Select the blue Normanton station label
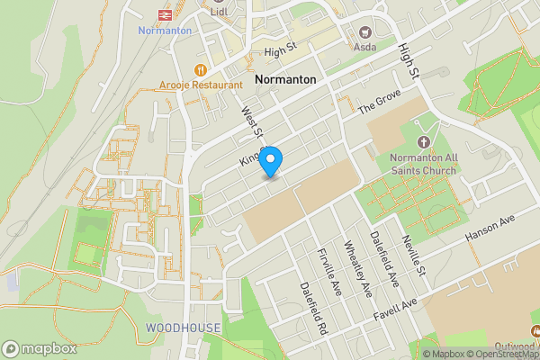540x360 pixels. click(166, 31)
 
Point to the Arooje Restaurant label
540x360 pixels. click(202, 85)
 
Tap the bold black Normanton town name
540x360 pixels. click(285, 80)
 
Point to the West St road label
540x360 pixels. click(249, 123)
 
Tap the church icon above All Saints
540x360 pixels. click(425, 141)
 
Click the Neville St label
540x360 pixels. click(413, 254)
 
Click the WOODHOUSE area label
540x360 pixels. click(183, 328)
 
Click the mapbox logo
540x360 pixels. click(40, 348)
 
